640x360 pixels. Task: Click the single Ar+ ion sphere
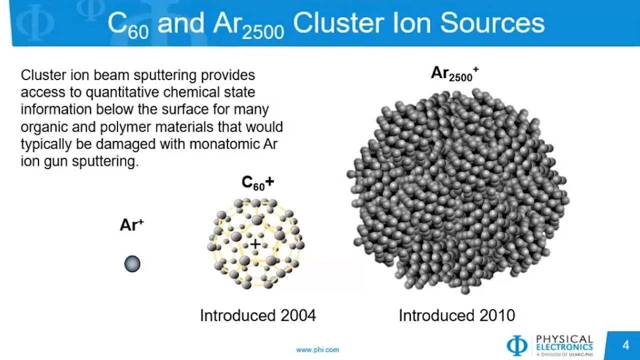click(132, 263)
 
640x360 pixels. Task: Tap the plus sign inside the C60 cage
click(255, 244)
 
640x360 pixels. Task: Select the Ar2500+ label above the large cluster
click(454, 74)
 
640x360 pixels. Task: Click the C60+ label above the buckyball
click(257, 183)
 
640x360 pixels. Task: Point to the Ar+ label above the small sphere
click(131, 225)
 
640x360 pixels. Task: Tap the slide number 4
click(625, 345)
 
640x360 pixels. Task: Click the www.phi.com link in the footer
click(317, 350)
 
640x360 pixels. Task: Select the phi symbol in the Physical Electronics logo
click(517, 345)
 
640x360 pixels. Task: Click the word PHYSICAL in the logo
click(564, 339)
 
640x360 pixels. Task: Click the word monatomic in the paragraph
click(211, 144)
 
